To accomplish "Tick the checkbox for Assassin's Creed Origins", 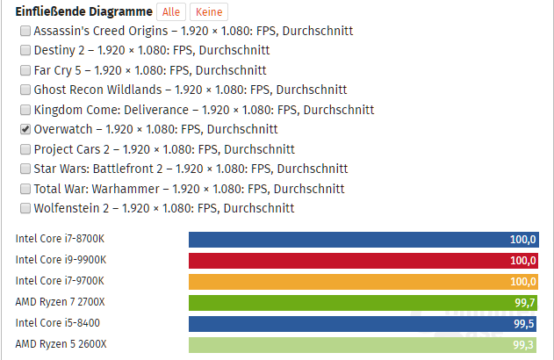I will coord(25,31).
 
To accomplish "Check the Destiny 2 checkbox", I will coord(25,50).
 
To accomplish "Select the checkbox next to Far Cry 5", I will coord(25,70).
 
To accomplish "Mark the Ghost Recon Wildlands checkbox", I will coord(25,90).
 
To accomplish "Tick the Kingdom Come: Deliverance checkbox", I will coord(25,110).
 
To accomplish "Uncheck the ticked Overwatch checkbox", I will coord(25,129).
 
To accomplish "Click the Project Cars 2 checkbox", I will coord(25,149).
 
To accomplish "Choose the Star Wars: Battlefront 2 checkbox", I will coord(25,169).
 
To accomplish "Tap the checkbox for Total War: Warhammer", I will coord(25,189).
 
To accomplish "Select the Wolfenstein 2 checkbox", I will coord(25,208).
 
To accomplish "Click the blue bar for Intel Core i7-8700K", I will coord(363,239).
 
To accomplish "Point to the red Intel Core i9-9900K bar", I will coord(363,260).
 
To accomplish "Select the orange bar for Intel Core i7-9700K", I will coord(363,281).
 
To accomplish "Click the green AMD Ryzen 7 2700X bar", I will coord(363,302).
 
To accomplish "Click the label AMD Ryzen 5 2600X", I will coord(61,344).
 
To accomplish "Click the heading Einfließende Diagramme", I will coord(83,12).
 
